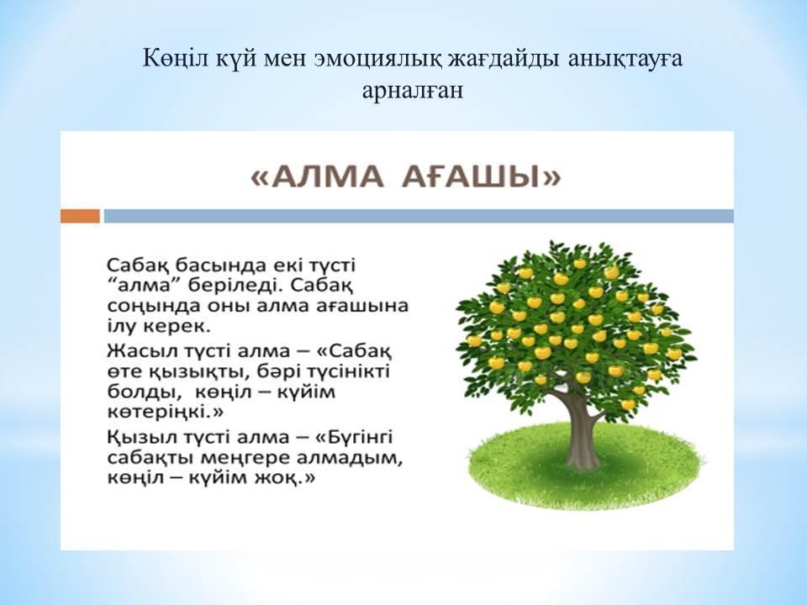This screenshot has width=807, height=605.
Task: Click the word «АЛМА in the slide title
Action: click(x=317, y=178)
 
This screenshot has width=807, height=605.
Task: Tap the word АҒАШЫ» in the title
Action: click(x=481, y=178)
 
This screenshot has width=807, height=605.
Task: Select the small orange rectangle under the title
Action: click(x=80, y=216)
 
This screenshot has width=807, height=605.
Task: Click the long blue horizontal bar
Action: click(x=419, y=216)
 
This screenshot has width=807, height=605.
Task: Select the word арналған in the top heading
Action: click(x=412, y=91)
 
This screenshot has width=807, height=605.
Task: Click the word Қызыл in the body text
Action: click(x=133, y=438)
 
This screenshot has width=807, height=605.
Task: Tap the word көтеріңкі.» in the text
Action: click(x=166, y=413)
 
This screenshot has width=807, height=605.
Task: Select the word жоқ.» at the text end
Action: click(x=285, y=478)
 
